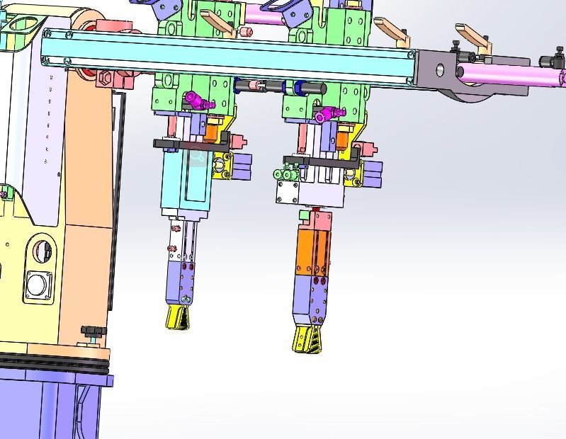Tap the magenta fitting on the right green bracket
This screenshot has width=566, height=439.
[x=327, y=113]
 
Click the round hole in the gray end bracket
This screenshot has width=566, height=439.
[x=440, y=69]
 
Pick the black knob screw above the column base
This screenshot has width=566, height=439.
[x=90, y=331]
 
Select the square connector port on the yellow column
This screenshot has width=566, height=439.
[x=35, y=286]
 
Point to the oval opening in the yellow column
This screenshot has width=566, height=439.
[x=42, y=251]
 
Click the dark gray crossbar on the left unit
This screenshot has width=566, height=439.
[x=191, y=144]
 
